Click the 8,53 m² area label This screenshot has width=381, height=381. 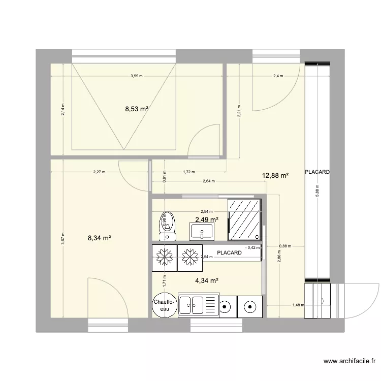(x=137, y=108)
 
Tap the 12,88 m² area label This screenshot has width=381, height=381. (x=275, y=176)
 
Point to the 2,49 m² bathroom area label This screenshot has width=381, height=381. (x=207, y=219)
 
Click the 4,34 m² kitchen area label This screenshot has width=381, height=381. (x=207, y=280)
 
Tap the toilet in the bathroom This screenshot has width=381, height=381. (x=166, y=226)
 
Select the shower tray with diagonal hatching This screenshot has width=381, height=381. (x=245, y=219)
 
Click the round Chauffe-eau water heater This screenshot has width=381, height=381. (x=164, y=305)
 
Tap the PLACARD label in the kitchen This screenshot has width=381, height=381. (x=229, y=252)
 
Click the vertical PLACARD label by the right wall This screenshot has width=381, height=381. (x=317, y=172)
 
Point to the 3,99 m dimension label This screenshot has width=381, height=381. (x=136, y=76)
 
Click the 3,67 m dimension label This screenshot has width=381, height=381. (x=62, y=238)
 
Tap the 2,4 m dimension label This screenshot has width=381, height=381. (x=277, y=76)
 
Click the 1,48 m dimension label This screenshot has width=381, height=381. (x=298, y=305)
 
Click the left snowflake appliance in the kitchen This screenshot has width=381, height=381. (x=164, y=257)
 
